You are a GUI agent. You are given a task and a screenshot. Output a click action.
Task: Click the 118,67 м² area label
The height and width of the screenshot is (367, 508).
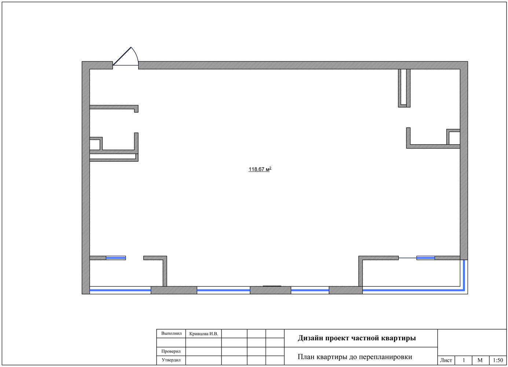click(260, 169)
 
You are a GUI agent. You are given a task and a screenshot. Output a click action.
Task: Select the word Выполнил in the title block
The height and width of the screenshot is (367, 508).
click(171, 333)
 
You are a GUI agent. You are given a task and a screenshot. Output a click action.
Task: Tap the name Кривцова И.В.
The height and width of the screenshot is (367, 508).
click(204, 334)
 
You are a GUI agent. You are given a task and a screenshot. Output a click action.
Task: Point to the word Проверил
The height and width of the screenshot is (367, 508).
click(171, 351)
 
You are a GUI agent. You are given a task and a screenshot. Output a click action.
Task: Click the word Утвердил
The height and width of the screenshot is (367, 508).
click(171, 360)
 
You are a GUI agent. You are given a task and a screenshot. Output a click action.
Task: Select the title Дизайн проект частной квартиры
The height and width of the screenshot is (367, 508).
click(357, 338)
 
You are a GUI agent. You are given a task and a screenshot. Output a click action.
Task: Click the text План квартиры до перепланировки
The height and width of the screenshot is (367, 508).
click(355, 357)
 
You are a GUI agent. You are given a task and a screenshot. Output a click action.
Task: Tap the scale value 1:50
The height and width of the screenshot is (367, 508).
click(498, 360)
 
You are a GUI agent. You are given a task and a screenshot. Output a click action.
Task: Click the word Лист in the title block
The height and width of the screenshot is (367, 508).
click(446, 360)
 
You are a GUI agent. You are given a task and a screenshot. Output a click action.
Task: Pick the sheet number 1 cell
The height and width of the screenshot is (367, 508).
click(464, 360)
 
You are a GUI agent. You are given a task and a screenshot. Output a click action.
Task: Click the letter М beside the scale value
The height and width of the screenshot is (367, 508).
click(480, 360)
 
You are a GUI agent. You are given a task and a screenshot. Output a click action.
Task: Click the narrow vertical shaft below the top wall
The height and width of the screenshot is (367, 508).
click(404, 88)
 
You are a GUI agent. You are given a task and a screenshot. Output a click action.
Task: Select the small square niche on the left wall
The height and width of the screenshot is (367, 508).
click(96, 143)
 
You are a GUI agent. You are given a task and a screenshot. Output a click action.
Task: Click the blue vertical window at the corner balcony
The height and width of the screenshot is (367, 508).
click(464, 275)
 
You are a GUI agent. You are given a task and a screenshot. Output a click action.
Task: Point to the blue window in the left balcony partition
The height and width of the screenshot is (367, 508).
click(116, 258)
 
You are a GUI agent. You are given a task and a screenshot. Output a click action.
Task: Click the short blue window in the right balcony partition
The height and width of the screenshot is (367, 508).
click(425, 258)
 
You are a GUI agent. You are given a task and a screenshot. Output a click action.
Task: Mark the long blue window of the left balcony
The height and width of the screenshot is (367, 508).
click(120, 290)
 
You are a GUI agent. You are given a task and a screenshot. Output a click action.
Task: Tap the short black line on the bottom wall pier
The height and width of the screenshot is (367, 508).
click(272, 286)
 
